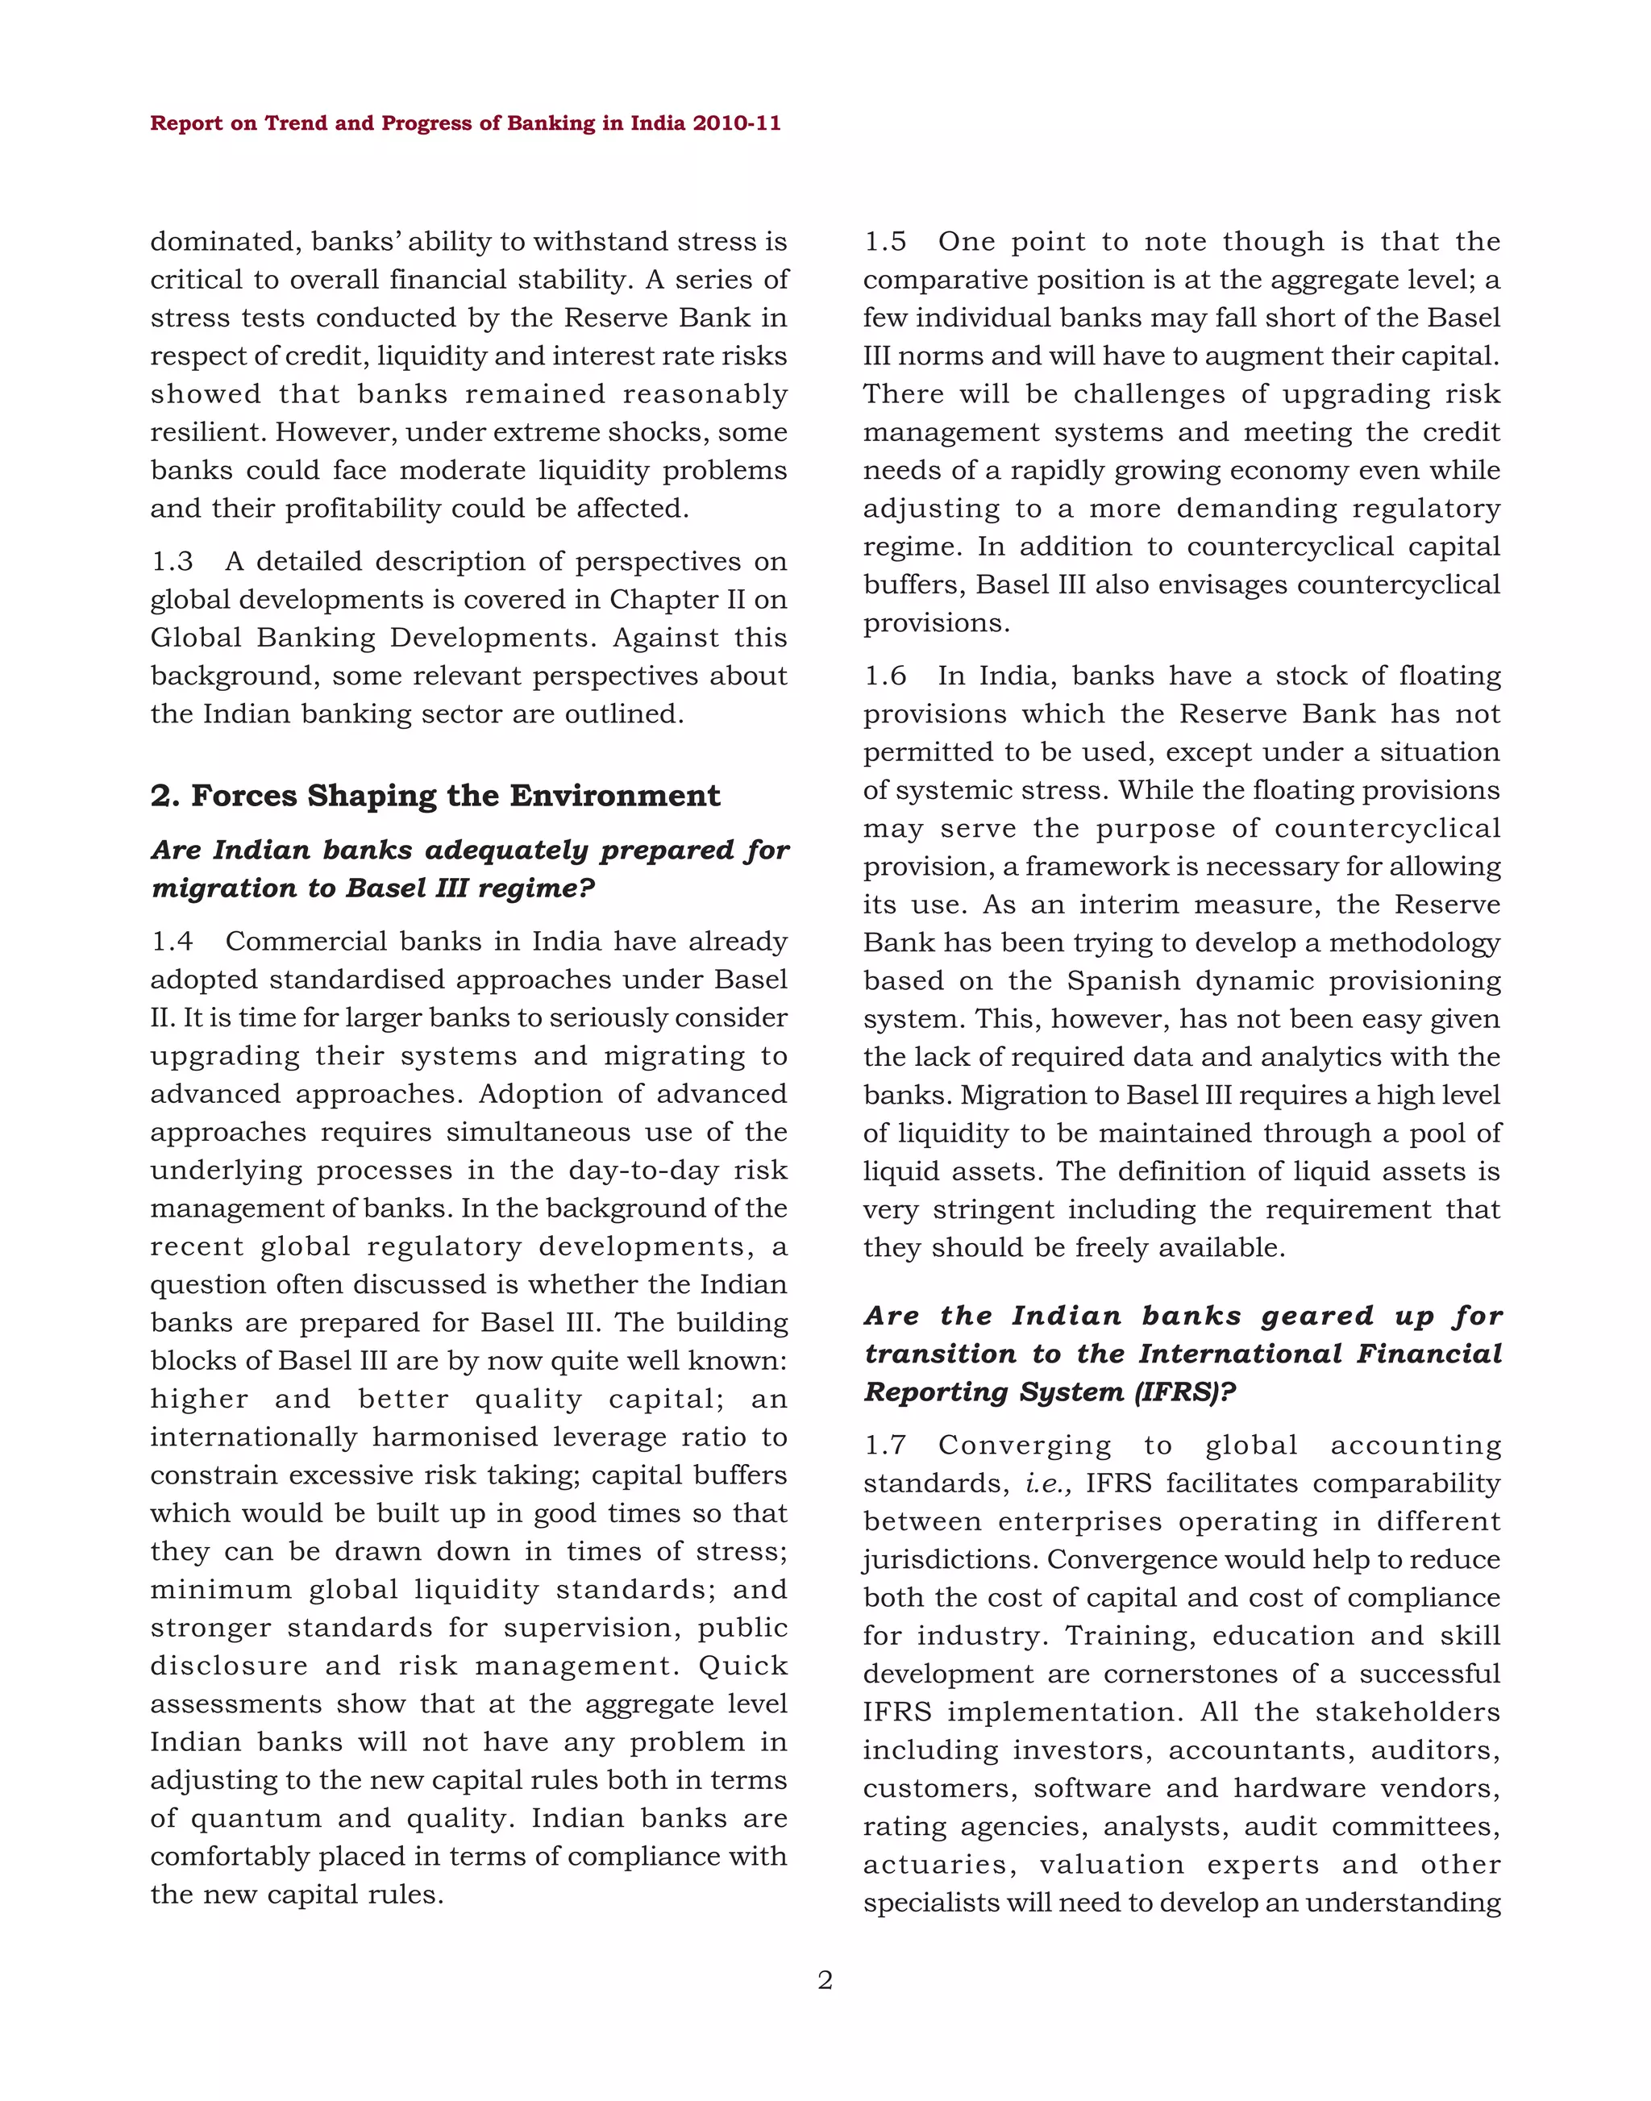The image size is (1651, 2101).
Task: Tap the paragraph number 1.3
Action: pyautogui.click(x=172, y=562)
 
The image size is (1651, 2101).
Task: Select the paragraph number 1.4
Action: pyautogui.click(x=172, y=942)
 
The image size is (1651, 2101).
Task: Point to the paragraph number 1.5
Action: pyautogui.click(x=884, y=242)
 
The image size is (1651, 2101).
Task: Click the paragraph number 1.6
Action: pyautogui.click(x=884, y=676)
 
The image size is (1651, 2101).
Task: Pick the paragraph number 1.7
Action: pyautogui.click(x=884, y=1446)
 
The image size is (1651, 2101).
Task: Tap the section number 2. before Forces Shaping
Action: pyautogui.click(x=165, y=796)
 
